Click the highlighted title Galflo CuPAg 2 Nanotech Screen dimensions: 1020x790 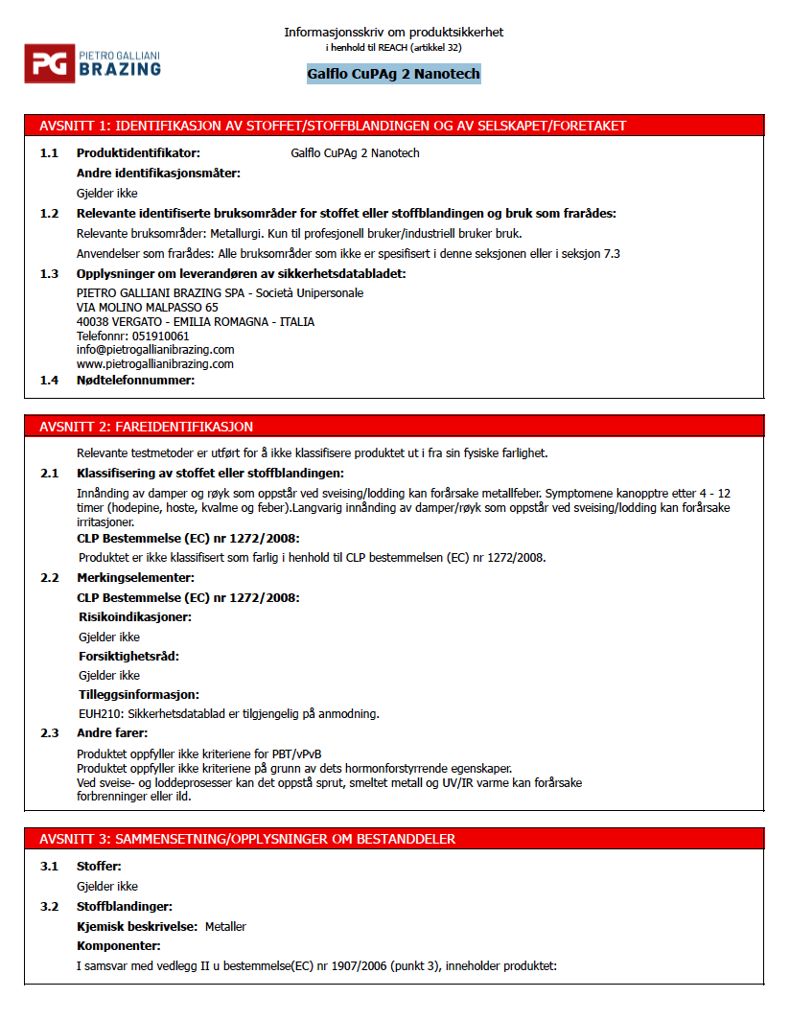(393, 74)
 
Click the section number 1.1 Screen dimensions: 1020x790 (49, 153)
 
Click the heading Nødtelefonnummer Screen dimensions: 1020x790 (135, 381)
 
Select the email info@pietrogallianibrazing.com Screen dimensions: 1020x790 (154, 350)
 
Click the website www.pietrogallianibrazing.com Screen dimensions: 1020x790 (154, 364)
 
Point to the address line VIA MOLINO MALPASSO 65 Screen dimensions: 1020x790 (147, 308)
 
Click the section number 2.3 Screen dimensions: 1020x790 (49, 733)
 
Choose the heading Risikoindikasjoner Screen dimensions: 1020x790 (134, 617)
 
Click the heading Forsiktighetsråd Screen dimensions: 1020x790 (128, 657)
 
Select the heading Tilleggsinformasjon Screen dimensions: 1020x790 (138, 695)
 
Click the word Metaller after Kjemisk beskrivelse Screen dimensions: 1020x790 (225, 927)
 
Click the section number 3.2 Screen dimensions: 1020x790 (49, 907)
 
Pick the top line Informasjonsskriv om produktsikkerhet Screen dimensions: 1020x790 (393, 33)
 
